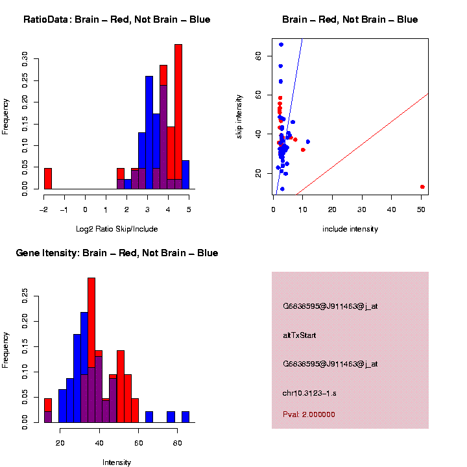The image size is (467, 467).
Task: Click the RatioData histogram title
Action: [117, 19]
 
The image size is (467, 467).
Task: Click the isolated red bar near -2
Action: [48, 178]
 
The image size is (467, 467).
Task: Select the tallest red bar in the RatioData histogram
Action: [178, 117]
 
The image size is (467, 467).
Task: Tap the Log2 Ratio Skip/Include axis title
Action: [117, 229]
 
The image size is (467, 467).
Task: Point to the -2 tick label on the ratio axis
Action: [43, 210]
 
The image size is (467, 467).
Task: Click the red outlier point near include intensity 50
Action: [422, 187]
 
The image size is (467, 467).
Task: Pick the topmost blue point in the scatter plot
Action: [281, 45]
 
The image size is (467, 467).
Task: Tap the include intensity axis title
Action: [350, 229]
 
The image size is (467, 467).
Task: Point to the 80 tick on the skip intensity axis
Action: [258, 56]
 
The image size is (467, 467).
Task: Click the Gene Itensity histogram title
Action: [117, 253]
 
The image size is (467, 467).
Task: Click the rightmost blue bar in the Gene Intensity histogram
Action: [186, 417]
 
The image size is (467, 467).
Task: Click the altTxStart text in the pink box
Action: [300, 335]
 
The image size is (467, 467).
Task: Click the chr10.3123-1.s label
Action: [313, 393]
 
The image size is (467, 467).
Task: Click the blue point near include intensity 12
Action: [308, 141]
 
